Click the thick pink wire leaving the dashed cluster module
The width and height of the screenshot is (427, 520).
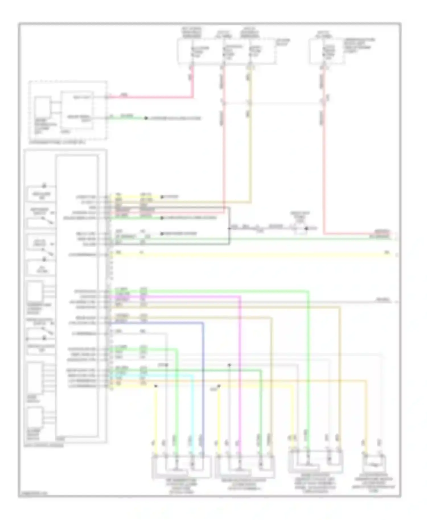[151, 98]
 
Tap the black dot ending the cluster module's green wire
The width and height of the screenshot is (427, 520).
[146, 118]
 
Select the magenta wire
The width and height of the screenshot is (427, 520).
[240, 370]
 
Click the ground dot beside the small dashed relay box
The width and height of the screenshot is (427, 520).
[307, 228]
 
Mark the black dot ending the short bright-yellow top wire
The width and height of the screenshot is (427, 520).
[162, 197]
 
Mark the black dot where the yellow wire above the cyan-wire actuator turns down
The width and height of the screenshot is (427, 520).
[156, 386]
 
